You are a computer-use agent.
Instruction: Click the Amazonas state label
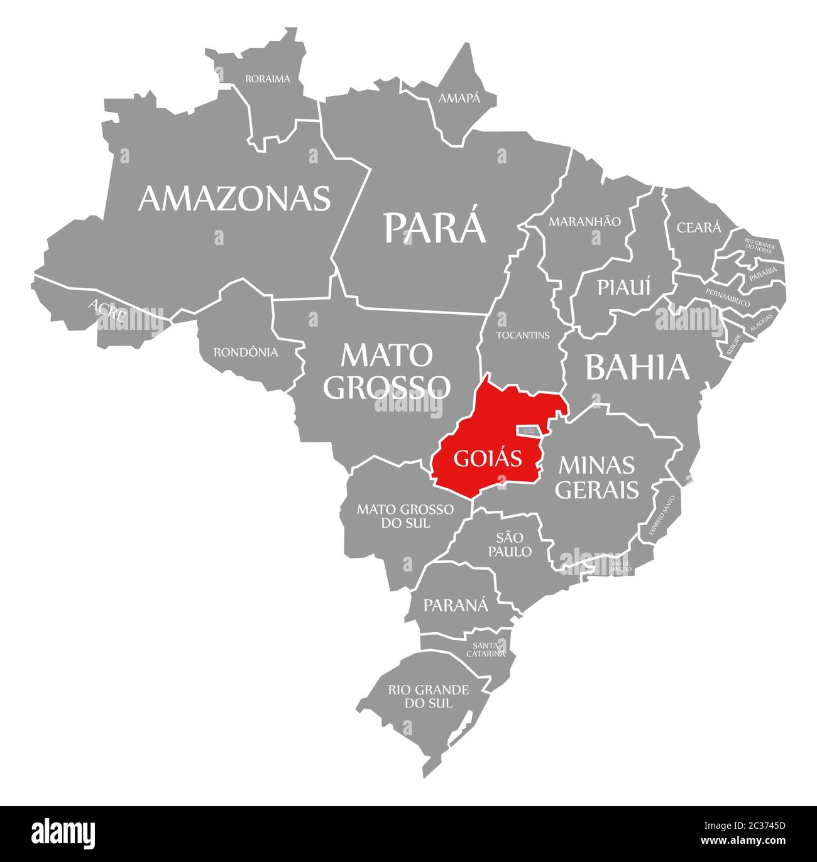tap(234, 198)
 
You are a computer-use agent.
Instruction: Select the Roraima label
tap(268, 79)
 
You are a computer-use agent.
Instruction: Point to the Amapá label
tap(459, 98)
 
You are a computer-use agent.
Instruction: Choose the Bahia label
tap(637, 368)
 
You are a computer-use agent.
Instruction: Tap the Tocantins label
tap(522, 335)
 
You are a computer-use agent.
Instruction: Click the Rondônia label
tap(246, 352)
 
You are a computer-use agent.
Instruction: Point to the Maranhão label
tap(584, 222)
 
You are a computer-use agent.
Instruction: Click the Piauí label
tap(624, 287)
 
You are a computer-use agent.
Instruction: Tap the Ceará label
tap(699, 227)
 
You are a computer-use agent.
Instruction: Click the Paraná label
tap(455, 605)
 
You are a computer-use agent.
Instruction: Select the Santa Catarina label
tap(485, 649)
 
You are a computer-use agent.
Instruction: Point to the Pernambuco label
tap(728, 297)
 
